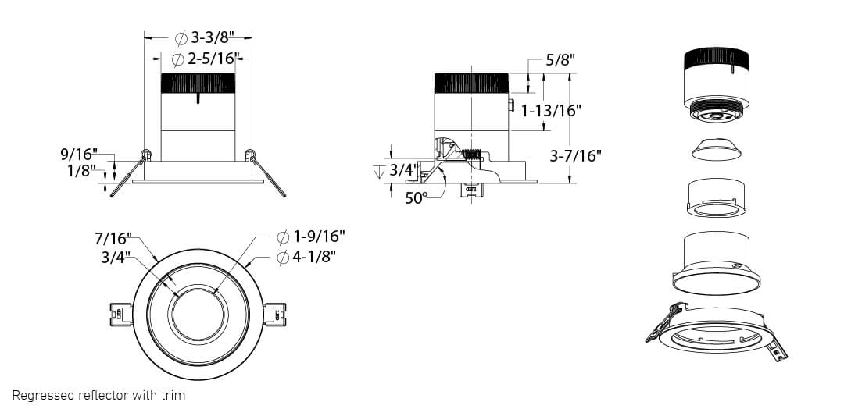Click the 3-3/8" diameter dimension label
point(206,38)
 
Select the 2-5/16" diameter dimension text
point(205,59)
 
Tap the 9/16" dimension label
point(79,155)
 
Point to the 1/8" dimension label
point(82,171)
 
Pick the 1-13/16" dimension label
point(551,111)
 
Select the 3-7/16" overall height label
point(575,156)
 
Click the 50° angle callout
point(416,197)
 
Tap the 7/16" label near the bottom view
point(113,238)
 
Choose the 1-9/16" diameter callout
point(311,237)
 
